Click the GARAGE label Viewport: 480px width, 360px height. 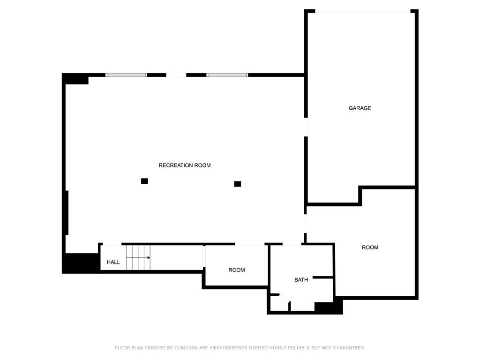click(x=360, y=108)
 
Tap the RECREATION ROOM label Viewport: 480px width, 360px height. click(x=185, y=165)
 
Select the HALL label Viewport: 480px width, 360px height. click(x=113, y=262)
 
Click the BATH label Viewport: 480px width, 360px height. click(x=301, y=279)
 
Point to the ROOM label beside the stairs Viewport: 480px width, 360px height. click(x=237, y=270)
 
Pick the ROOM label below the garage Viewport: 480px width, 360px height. click(x=370, y=247)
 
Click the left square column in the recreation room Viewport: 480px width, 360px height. click(x=144, y=181)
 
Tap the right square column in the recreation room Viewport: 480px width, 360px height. click(x=238, y=184)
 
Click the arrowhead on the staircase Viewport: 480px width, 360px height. click(x=149, y=258)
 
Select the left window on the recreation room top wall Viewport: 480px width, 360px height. click(x=126, y=75)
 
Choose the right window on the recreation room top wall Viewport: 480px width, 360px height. click(x=227, y=75)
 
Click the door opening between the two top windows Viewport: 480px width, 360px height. click(x=176, y=75)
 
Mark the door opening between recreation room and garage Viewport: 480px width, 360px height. click(x=306, y=127)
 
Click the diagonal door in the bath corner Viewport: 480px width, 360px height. click(x=285, y=298)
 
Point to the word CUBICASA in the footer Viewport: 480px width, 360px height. click(x=186, y=348)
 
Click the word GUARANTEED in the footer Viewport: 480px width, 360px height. click(x=349, y=348)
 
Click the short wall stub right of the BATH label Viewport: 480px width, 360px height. click(x=322, y=277)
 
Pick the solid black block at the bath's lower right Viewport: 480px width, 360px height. click(x=329, y=307)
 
